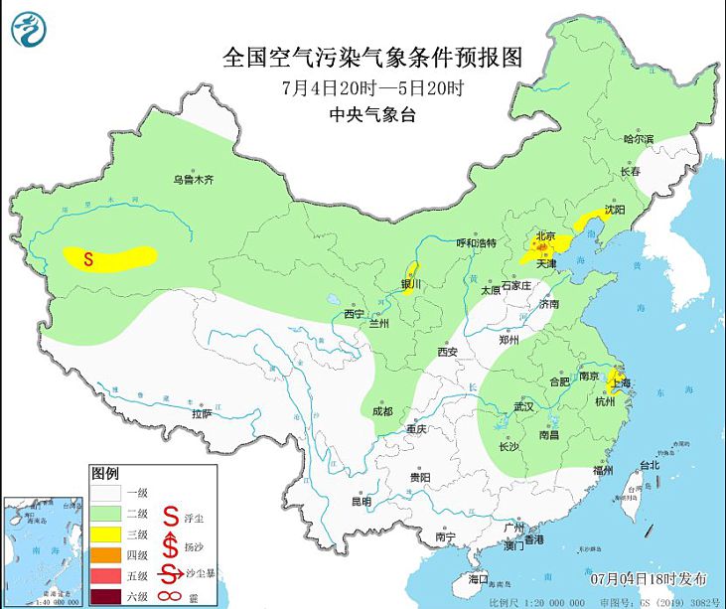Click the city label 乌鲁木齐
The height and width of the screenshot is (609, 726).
click(194, 180)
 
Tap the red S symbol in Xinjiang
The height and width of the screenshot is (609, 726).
click(88, 260)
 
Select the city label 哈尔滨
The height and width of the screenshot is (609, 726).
click(639, 140)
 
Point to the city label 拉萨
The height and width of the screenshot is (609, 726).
click(202, 413)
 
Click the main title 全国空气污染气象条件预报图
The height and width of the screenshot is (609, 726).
click(369, 57)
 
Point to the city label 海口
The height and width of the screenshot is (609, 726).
click(479, 577)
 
